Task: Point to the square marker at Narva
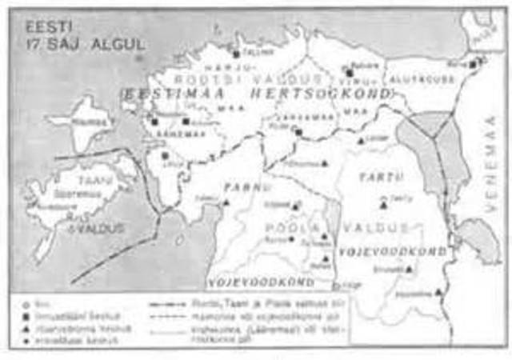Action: (x=474, y=63)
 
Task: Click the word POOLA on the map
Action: (x=282, y=228)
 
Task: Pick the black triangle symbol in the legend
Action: (x=30, y=328)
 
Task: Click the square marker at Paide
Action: (x=298, y=130)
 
